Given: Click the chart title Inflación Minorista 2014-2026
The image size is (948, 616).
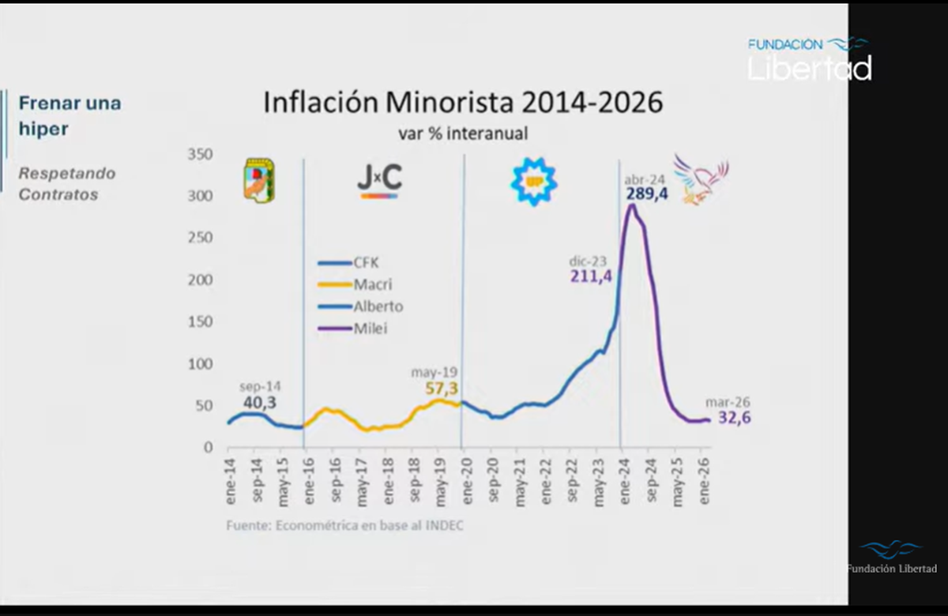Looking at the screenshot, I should [462, 103].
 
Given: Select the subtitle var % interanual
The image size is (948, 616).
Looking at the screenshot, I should [463, 134].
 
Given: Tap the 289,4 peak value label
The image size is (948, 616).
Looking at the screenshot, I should [647, 193].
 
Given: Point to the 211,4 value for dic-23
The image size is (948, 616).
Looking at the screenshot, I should [591, 276].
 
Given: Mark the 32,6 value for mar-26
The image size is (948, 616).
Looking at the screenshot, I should [734, 418].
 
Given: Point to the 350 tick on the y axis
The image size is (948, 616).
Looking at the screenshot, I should [201, 155].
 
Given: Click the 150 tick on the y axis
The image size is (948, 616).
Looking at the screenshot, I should [201, 322].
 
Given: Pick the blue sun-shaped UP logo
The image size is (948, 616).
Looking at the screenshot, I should [534, 182].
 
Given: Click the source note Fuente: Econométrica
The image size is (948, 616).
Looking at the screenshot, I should [344, 525].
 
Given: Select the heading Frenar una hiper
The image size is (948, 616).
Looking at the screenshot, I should [70, 115].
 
